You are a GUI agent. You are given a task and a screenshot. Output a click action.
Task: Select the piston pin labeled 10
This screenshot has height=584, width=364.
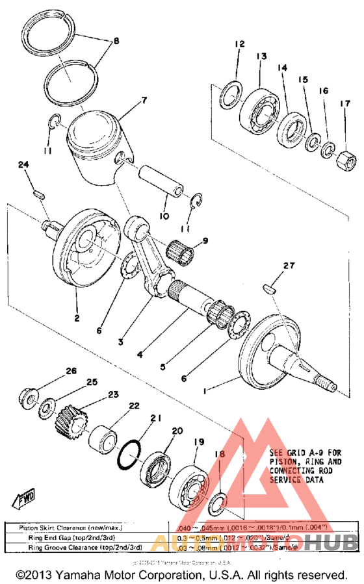click(162, 180)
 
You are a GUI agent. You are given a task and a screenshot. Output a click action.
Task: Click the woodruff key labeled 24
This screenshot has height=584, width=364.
click(38, 192)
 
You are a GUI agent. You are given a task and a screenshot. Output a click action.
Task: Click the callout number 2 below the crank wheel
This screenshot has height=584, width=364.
click(76, 318)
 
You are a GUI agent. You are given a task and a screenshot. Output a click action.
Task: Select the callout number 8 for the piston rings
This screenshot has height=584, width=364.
click(116, 41)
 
